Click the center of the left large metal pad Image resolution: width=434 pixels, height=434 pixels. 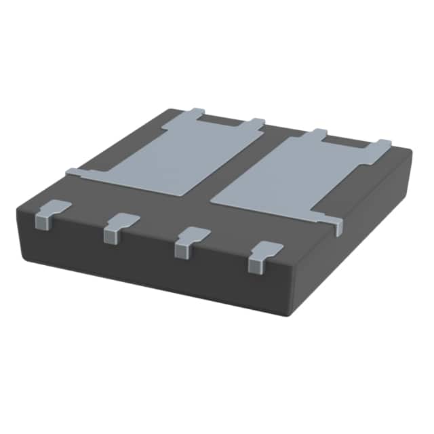pyautogui.click(x=170, y=158)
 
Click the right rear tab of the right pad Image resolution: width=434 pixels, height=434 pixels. pyautogui.click(x=384, y=143)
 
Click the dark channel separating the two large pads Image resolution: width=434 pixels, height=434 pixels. pyautogui.click(x=237, y=170)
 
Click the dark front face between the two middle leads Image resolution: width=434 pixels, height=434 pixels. pyautogui.click(x=153, y=251)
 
